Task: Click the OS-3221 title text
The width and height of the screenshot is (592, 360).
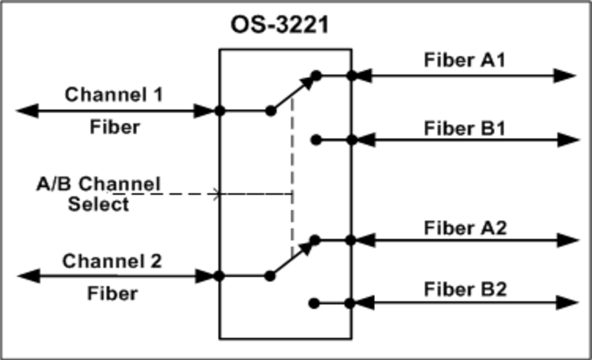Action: (x=280, y=25)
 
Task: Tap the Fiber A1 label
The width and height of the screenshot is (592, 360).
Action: (x=465, y=59)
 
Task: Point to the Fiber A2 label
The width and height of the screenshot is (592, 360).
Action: (x=465, y=228)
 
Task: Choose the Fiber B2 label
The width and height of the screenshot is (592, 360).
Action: (x=465, y=289)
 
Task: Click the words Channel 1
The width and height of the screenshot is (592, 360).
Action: (x=113, y=94)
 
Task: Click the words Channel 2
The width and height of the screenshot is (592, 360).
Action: (x=112, y=261)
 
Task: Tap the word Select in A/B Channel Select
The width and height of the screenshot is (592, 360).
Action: (x=99, y=204)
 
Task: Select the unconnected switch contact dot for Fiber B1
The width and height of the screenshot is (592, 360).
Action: (x=316, y=140)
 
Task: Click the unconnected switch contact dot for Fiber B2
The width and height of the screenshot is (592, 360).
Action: (x=314, y=303)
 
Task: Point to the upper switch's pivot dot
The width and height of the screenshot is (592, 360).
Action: (x=270, y=110)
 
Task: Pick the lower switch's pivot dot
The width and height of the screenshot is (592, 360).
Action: (x=270, y=275)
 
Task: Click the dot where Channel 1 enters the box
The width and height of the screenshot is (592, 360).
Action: (x=220, y=110)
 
